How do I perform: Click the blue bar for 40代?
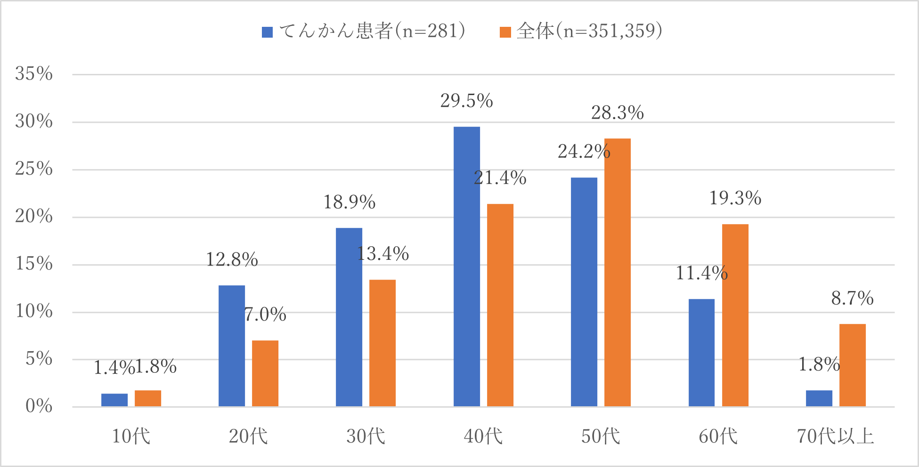click(x=466, y=266)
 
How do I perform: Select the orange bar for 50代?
click(x=617, y=272)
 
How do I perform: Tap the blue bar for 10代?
click(x=114, y=400)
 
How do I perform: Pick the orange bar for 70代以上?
click(x=852, y=365)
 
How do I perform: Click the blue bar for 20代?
click(x=232, y=346)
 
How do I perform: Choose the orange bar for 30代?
click(x=382, y=343)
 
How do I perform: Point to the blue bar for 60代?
click(x=701, y=352)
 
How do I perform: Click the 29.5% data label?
click(x=466, y=101)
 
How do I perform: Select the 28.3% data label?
click(x=617, y=113)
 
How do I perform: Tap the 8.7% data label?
click(x=852, y=298)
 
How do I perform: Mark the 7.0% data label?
click(x=265, y=314)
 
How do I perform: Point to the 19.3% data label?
click(x=735, y=198)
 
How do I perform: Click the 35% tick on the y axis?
click(x=34, y=74)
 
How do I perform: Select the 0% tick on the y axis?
click(x=39, y=406)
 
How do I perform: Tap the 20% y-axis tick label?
click(x=34, y=217)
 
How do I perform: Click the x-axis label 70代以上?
click(x=835, y=436)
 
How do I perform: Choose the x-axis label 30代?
click(x=366, y=436)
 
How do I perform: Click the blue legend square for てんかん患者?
click(x=267, y=32)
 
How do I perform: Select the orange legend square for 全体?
click(x=505, y=32)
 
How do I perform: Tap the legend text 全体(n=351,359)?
click(x=589, y=31)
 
